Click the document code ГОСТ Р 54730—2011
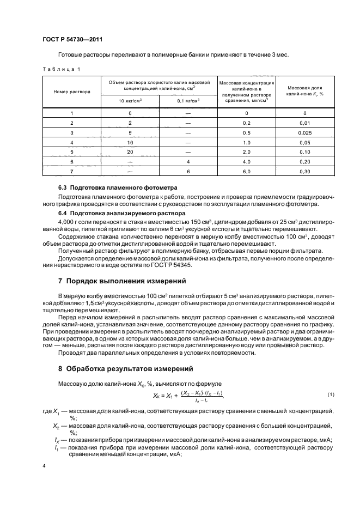pos(72,40)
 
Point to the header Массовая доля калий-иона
pos(305,90)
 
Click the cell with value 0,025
pos(305,132)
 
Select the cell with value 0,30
pos(305,172)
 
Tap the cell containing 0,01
pos(305,123)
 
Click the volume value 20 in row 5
pos(130,152)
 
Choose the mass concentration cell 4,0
pos(246,162)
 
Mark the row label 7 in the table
pos(71,172)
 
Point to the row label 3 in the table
pos(71,132)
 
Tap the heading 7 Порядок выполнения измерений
pos(123,281)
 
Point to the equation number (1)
pos(330,393)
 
